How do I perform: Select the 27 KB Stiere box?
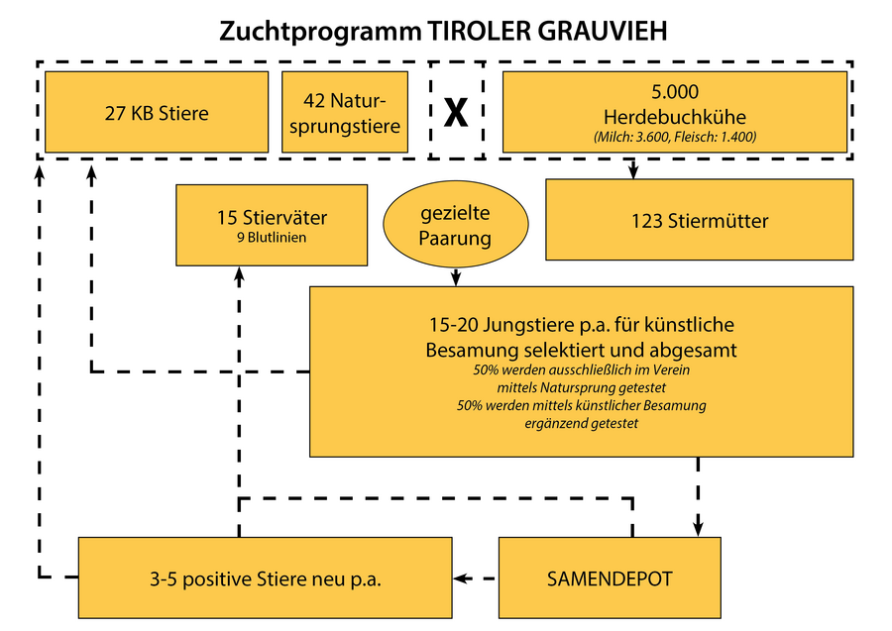(x=157, y=113)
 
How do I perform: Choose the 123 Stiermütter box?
(x=699, y=220)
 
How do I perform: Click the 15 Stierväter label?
(x=258, y=216)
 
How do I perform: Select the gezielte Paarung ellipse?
(x=455, y=226)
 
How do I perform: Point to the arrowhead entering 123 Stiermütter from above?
(x=633, y=172)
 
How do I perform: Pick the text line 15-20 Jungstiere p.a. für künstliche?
(x=582, y=325)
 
